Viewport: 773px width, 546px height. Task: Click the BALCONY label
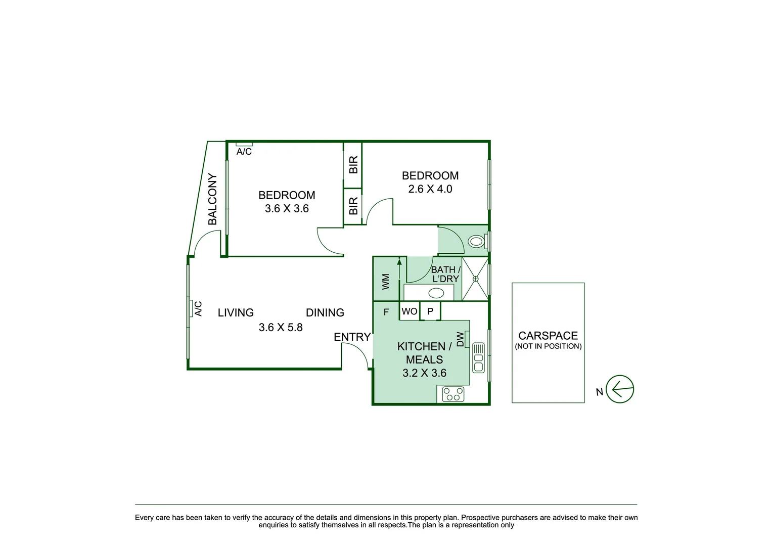212,199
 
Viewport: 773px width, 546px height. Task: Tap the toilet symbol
476,241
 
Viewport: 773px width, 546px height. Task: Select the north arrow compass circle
619,389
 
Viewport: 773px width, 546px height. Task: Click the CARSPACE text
548,336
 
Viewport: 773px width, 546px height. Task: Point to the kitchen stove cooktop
453,394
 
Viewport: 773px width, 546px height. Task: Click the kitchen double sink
478,358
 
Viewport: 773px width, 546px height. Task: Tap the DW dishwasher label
460,339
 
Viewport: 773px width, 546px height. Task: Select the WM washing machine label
386,282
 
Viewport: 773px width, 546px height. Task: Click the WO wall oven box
410,311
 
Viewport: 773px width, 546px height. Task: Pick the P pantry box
430,311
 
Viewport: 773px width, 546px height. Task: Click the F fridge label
386,312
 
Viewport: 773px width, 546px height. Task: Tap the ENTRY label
352,337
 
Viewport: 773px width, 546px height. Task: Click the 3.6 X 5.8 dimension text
281,328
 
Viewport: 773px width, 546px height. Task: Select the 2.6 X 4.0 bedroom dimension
430,189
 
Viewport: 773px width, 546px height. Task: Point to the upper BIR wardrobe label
353,165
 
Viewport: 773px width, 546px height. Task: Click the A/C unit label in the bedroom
244,152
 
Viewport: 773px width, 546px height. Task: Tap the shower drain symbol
475,279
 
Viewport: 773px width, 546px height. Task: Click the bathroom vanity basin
436,293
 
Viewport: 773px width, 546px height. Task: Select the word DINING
325,313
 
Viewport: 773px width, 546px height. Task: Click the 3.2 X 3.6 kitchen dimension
424,373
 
